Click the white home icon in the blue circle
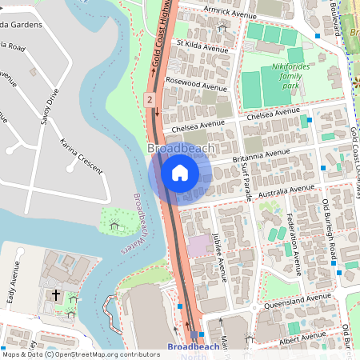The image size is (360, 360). (x=179, y=172)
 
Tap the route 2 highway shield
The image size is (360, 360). (x=150, y=99)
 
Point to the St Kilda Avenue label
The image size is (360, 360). (x=202, y=48)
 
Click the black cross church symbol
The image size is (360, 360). (x=56, y=295)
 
